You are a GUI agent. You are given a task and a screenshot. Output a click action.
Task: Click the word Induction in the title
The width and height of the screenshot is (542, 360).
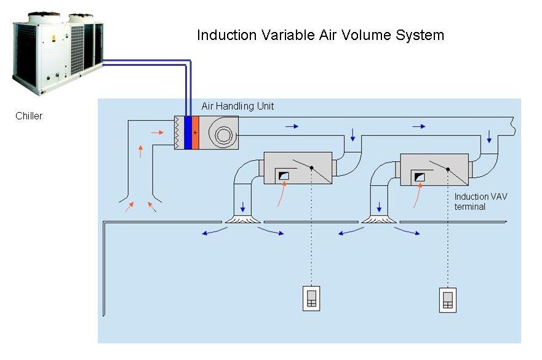(227, 35)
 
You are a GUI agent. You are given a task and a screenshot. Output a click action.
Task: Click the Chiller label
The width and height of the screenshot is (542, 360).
(29, 116)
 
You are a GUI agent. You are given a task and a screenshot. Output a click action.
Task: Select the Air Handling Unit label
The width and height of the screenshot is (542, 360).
(237, 106)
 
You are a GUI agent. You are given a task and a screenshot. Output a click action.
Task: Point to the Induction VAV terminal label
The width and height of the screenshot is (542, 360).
(481, 202)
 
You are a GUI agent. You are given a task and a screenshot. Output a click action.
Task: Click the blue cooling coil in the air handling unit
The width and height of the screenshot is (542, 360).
(188, 132)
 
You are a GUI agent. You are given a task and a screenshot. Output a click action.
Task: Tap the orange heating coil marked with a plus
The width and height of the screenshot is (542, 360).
(196, 132)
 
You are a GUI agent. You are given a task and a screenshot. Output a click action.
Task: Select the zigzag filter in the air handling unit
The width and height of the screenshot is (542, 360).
(178, 132)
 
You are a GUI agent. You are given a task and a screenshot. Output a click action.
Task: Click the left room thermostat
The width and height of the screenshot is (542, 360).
(311, 298)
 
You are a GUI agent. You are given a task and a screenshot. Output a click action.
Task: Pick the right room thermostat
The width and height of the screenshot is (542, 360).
(448, 300)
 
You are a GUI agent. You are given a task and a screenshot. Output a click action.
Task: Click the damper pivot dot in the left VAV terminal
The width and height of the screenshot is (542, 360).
(311, 168)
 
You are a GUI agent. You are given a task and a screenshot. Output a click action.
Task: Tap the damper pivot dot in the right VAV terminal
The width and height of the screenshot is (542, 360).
(448, 169)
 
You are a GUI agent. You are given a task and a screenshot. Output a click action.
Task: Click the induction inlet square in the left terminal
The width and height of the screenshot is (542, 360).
(284, 175)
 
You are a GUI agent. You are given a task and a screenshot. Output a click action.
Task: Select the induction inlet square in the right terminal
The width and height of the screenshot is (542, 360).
(420, 177)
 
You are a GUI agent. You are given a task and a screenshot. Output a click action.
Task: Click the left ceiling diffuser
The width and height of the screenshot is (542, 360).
(243, 219)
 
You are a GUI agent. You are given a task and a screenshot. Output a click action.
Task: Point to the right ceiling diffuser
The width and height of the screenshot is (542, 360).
(379, 219)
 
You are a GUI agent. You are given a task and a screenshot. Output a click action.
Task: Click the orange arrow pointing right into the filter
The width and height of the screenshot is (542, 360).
(157, 132)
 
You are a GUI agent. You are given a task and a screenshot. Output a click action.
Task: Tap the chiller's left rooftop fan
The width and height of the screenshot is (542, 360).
(44, 17)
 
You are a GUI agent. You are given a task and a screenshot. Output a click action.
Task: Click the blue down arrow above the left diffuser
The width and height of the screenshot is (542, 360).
(242, 207)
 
